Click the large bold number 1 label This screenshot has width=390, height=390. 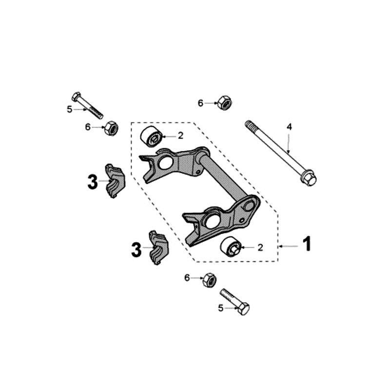(307, 244)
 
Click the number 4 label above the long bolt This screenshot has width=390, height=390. (289, 127)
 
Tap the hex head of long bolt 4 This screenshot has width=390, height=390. (308, 178)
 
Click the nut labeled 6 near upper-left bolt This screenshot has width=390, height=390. (111, 128)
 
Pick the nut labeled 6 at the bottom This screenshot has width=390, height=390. (210, 280)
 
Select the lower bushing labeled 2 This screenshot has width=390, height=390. (232, 247)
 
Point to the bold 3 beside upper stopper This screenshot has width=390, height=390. (93, 183)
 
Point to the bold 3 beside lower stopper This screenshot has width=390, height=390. (136, 250)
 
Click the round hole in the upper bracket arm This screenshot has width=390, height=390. (165, 162)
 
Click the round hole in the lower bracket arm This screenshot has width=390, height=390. (213, 221)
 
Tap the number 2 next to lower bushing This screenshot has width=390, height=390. (260, 248)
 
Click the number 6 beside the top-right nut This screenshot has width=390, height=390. (200, 103)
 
